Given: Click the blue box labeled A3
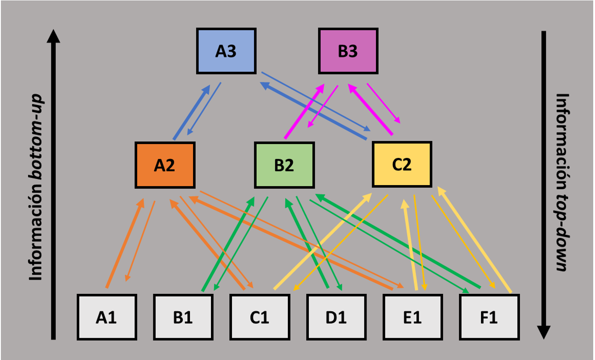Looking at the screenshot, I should click(226, 51).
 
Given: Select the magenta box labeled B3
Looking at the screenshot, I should click(348, 51).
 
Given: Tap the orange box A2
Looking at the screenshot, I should click(165, 165).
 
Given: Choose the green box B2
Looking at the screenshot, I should click(284, 165).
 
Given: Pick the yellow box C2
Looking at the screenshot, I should click(402, 164).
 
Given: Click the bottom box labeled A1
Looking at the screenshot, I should click(106, 317).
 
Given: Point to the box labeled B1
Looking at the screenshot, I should click(183, 317).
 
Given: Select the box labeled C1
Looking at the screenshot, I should click(259, 317).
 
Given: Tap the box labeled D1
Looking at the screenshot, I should click(336, 317).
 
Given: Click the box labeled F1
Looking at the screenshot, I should click(490, 317).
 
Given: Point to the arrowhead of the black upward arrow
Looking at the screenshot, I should click(54, 36).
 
